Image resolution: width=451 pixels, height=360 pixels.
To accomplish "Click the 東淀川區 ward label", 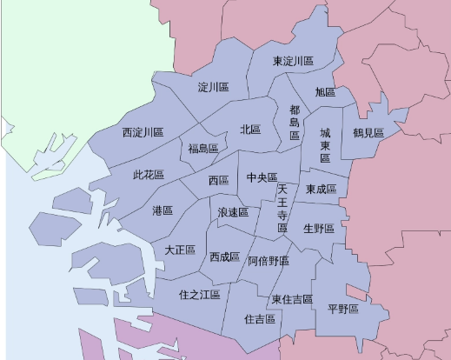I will click(293, 62).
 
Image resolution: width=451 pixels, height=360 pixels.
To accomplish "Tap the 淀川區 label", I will click(213, 88).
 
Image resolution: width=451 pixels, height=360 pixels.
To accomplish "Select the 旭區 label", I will click(325, 92).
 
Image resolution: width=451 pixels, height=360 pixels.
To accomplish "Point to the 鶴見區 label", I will click(368, 133).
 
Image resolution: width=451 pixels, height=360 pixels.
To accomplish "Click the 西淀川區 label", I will click(143, 133).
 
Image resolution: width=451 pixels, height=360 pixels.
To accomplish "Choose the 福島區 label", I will click(203, 149).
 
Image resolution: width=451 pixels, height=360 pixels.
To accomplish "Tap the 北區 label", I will click(250, 130).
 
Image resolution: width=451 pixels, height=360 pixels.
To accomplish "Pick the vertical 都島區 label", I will click(295, 123).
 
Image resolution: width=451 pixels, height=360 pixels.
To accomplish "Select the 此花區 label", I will click(149, 175).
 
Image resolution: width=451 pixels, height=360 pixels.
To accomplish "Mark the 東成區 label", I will click(321, 190).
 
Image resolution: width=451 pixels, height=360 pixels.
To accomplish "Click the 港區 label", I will click(162, 211).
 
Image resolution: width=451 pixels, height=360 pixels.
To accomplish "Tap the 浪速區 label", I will click(233, 212).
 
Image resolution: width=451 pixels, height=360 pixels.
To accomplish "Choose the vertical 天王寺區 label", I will click(282, 208).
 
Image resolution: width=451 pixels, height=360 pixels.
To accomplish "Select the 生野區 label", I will click(319, 229).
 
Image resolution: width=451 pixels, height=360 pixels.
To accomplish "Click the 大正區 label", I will click(180, 250).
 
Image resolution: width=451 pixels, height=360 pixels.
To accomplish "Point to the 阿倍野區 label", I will click(269, 261).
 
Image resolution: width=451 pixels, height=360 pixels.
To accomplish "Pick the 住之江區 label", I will click(201, 295).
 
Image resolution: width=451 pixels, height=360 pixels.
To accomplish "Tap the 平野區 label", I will click(343, 309).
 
